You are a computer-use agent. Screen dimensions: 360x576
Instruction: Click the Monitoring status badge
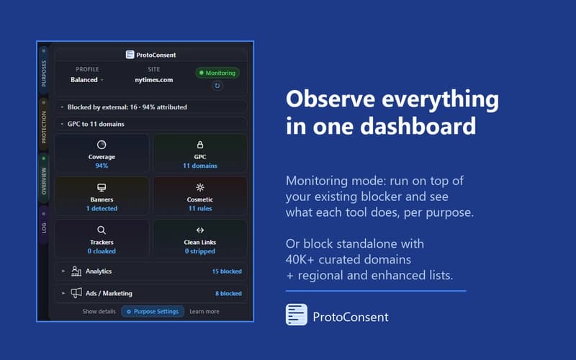[x=217, y=73]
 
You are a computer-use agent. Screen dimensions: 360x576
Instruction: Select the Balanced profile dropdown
[x=87, y=79]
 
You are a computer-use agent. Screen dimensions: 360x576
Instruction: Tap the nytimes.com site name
[x=153, y=79]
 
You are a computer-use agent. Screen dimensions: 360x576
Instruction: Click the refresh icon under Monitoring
[x=217, y=86]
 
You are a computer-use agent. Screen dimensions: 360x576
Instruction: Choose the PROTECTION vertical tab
[x=44, y=122]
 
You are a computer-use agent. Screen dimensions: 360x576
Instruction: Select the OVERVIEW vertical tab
[x=44, y=177]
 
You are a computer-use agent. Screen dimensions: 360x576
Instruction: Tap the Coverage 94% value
[x=102, y=166]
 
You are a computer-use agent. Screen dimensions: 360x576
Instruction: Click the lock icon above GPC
[x=200, y=145]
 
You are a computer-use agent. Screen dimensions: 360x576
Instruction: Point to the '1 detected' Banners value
[x=102, y=209]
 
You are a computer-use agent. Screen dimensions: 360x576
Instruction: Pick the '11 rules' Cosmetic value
[x=200, y=209]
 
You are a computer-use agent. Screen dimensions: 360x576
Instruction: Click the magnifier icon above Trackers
[x=102, y=230]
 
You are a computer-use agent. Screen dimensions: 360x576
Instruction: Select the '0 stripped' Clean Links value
[x=200, y=251]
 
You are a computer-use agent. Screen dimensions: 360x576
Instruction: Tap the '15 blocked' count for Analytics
[x=227, y=271]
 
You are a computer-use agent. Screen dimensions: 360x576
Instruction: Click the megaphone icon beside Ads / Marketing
[x=76, y=293]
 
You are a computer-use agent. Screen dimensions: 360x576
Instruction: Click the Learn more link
[x=204, y=312]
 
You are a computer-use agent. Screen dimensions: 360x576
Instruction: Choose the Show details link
[x=99, y=312]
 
